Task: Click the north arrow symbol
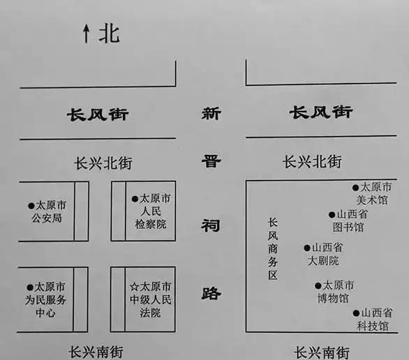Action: tap(86, 33)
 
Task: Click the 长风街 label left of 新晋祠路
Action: tap(98, 114)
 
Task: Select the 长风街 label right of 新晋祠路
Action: tap(321, 112)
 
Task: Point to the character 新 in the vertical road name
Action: tap(211, 114)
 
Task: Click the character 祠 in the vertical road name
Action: tap(211, 225)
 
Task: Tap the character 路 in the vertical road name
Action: tap(211, 293)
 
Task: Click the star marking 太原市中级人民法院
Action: tap(134, 287)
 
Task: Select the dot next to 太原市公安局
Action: tap(31, 206)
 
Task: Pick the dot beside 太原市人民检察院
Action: tap(135, 199)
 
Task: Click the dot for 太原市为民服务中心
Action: tap(30, 287)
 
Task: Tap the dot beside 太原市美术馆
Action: tap(355, 188)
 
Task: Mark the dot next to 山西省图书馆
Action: tap(332, 215)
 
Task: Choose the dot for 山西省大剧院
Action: tap(307, 248)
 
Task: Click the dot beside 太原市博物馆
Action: tap(318, 286)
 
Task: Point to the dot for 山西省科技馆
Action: tap(357, 313)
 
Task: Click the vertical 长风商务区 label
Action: tap(273, 249)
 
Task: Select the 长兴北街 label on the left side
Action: tap(103, 163)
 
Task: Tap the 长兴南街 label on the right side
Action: tap(322, 352)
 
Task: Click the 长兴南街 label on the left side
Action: tap(96, 352)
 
